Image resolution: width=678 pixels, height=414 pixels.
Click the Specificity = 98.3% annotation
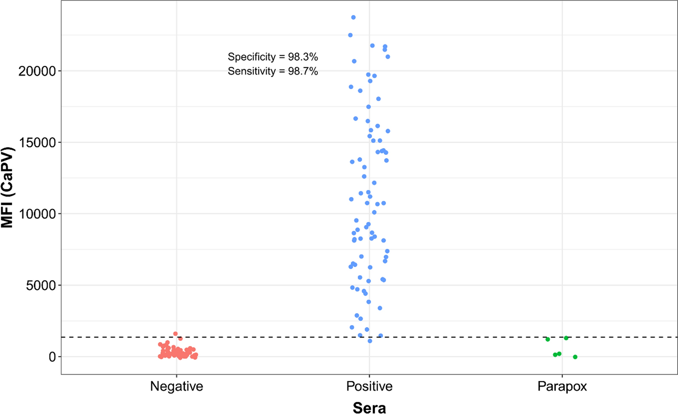(x=273, y=57)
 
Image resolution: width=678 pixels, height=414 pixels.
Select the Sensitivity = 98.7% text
(x=273, y=71)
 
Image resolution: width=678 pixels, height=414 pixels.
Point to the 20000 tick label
(x=37, y=71)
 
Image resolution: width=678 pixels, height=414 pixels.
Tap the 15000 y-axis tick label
(x=37, y=143)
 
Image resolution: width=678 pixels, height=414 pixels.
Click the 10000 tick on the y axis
(x=37, y=214)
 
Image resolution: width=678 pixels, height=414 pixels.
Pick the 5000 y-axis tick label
(x=41, y=286)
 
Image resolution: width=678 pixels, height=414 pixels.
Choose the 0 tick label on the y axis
(x=52, y=357)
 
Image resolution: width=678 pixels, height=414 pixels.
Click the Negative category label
(x=177, y=386)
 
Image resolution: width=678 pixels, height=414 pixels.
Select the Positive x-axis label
(x=369, y=386)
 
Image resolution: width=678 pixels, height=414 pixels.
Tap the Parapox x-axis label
(x=562, y=386)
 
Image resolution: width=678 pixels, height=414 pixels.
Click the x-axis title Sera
(x=369, y=408)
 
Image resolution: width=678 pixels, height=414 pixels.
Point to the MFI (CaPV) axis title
(x=7, y=187)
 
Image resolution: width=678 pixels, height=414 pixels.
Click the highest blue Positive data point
(x=353, y=17)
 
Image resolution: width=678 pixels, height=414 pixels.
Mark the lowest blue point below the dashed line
(x=370, y=341)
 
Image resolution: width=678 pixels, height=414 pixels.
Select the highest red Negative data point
(x=175, y=334)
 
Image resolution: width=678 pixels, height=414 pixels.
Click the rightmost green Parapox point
(x=575, y=357)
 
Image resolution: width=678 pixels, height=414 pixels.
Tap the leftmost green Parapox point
(x=548, y=339)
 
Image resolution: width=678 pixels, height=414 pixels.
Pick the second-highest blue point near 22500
(x=350, y=35)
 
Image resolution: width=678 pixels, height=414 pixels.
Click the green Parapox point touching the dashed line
(x=566, y=338)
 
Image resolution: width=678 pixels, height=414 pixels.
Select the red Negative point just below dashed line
(x=180, y=339)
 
